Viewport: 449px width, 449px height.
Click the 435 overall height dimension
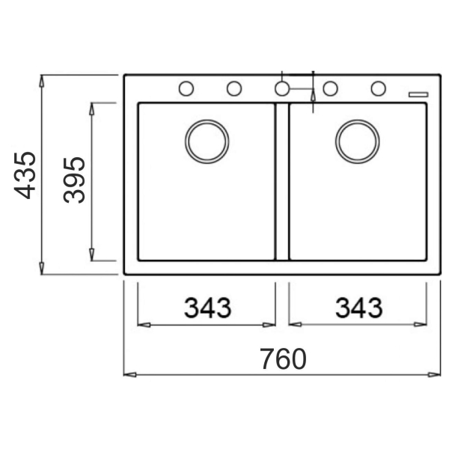(x=25, y=175)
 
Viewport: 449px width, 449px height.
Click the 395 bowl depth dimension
(x=74, y=180)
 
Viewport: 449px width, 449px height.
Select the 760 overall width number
(x=283, y=359)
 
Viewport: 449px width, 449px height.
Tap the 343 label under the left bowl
(x=207, y=308)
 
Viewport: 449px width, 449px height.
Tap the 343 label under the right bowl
(x=358, y=308)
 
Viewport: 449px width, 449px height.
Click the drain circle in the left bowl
(x=207, y=120)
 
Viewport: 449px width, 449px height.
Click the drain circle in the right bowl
(x=358, y=120)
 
